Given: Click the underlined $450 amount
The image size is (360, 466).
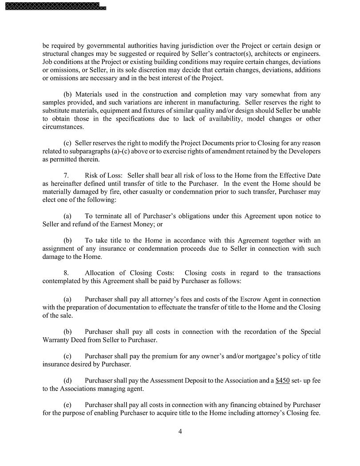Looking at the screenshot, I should tap(282, 380).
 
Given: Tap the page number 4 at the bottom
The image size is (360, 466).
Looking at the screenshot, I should tap(180, 431).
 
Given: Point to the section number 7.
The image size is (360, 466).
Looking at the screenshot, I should tap(66, 175).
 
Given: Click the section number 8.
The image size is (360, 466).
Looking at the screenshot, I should tap(66, 273).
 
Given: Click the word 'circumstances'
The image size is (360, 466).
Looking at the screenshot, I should tap(63, 126).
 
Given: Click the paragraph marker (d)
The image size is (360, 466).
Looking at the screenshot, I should tap(68, 380).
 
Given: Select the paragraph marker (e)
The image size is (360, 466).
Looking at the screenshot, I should tap(68, 405).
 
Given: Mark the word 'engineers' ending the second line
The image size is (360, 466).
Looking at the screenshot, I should tap(305, 54).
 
